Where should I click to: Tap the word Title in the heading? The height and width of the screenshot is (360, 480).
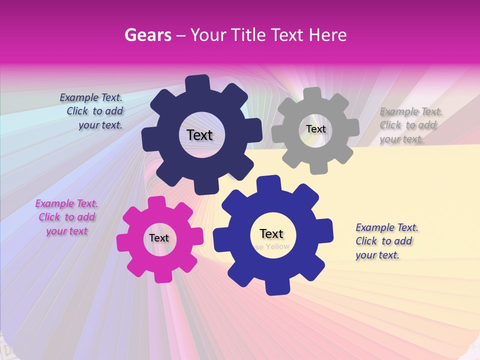(x=248, y=35)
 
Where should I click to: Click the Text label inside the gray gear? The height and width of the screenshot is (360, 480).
(x=315, y=129)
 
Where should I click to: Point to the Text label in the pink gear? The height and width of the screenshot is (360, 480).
(x=159, y=238)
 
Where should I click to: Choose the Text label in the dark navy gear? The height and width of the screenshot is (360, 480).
(x=199, y=135)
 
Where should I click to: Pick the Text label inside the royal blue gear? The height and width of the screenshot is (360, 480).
(x=271, y=233)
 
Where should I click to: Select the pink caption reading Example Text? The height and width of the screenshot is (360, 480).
(x=66, y=204)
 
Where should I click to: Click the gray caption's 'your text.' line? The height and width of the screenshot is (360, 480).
(x=401, y=139)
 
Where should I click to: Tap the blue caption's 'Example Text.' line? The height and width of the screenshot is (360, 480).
(x=387, y=228)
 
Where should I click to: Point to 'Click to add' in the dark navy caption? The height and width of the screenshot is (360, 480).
(x=95, y=111)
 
